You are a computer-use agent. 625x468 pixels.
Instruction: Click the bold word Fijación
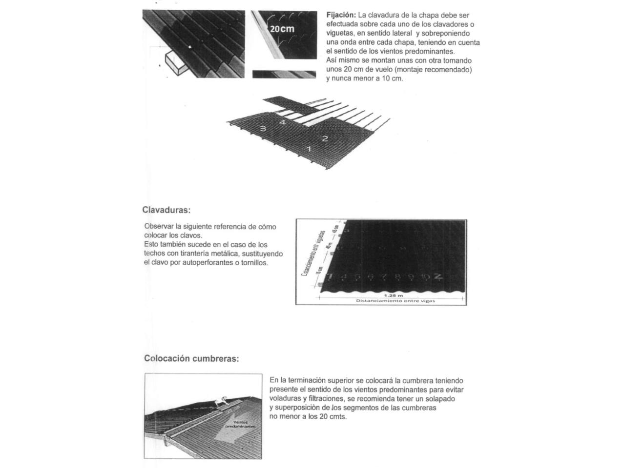tap(341, 15)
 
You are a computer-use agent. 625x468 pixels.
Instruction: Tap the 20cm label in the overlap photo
tap(282, 29)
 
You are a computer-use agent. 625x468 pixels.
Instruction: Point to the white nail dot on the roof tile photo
tap(190, 47)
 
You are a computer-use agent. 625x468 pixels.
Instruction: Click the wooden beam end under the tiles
tap(175, 64)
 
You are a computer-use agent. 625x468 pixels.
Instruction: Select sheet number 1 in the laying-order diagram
tap(309, 148)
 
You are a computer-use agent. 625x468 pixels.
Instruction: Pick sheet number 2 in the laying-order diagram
tap(325, 138)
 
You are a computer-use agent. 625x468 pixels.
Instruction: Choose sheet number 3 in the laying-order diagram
tap(263, 129)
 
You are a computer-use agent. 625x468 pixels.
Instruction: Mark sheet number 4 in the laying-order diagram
tap(282, 122)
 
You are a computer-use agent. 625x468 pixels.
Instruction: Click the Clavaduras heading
tap(166, 210)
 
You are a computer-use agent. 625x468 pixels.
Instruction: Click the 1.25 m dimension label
tap(393, 295)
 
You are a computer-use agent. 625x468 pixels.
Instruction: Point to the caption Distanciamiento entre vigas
tap(395, 301)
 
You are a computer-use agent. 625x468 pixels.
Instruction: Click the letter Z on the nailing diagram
tap(438, 276)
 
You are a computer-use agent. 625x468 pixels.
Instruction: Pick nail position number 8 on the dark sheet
tap(397, 277)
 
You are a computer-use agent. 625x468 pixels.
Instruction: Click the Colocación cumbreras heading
tap(191, 359)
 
